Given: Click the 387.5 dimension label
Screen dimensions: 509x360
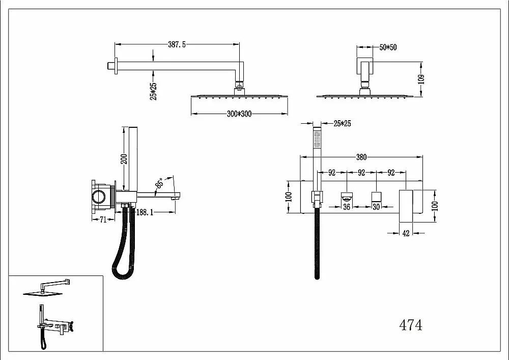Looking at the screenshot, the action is point(177,44).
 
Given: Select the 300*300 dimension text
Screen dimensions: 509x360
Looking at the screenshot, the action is point(239,114).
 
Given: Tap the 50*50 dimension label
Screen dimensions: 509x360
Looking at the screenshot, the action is point(388,47).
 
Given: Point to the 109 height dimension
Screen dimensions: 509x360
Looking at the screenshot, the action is point(421,79).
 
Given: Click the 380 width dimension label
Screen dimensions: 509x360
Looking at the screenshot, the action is point(361,157).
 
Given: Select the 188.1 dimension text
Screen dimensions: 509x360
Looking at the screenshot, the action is point(145,212).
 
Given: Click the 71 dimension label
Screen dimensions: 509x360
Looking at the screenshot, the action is point(103,220).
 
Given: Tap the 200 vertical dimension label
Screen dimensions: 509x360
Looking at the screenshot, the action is point(124,159).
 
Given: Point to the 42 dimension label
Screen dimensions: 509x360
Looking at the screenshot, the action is point(406,233).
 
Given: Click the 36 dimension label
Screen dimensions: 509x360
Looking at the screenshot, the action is point(346,207).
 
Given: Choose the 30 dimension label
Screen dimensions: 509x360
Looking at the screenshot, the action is point(376,207).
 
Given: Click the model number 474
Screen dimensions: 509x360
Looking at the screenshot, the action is point(411,325).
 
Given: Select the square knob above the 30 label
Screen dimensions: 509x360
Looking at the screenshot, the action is point(376,197).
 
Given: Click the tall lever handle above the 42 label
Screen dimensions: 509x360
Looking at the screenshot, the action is point(406,206).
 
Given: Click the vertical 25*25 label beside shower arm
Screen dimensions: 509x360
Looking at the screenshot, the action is point(153,91).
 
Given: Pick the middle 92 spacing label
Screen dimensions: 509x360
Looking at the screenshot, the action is point(361,173).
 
